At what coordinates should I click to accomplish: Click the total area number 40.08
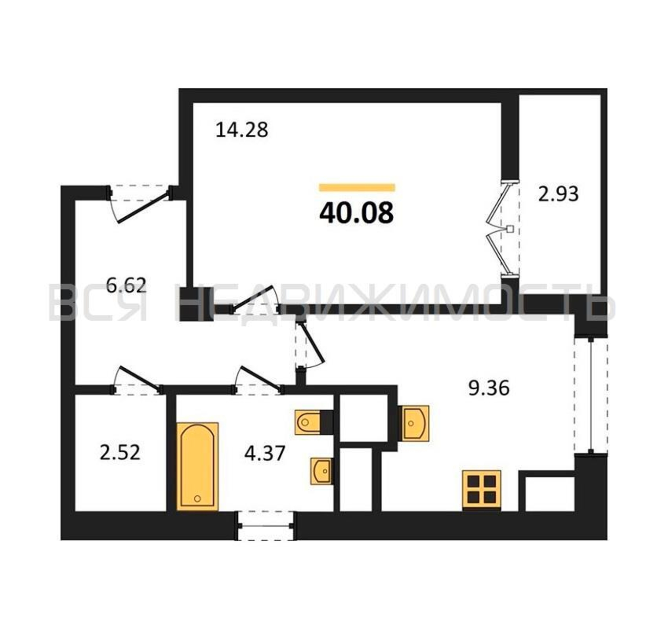click(356, 214)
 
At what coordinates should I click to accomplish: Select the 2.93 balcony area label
click(559, 194)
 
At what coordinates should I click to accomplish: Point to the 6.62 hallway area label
click(126, 286)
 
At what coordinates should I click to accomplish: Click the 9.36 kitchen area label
click(489, 388)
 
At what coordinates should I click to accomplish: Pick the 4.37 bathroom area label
click(265, 453)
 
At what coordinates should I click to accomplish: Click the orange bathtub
click(198, 467)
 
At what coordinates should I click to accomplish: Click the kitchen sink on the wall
click(414, 424)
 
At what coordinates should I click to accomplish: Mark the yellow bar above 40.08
click(357, 187)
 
